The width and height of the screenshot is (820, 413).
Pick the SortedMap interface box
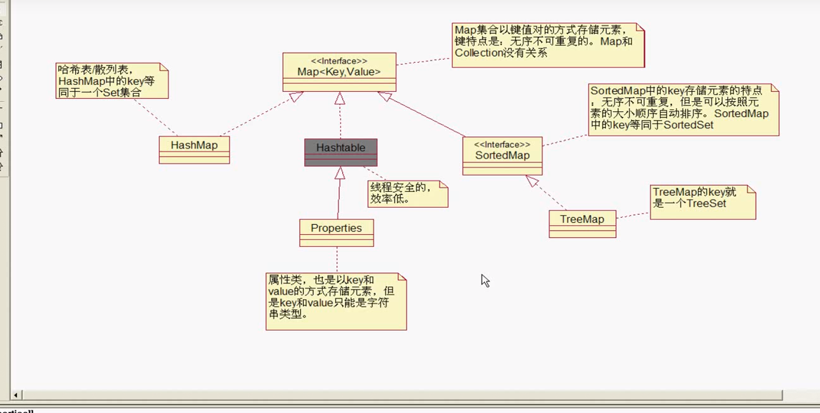[502, 156]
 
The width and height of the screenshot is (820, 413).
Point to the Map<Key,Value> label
[339, 72]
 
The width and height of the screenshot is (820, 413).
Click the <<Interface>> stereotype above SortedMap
[502, 145]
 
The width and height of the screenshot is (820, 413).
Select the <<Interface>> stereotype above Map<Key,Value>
[339, 61]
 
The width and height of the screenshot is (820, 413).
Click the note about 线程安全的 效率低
[407, 194]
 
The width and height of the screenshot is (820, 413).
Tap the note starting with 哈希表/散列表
[111, 81]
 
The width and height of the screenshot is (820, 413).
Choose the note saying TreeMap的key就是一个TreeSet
[702, 202]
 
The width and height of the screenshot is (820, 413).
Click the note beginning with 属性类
[335, 301]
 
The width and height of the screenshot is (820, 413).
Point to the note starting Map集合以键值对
[547, 44]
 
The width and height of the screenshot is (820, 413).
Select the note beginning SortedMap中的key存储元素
[683, 109]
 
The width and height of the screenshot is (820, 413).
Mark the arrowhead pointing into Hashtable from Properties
[340, 172]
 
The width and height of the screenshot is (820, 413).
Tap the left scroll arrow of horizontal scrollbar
[16, 395]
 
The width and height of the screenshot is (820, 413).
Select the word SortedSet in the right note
[688, 125]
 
